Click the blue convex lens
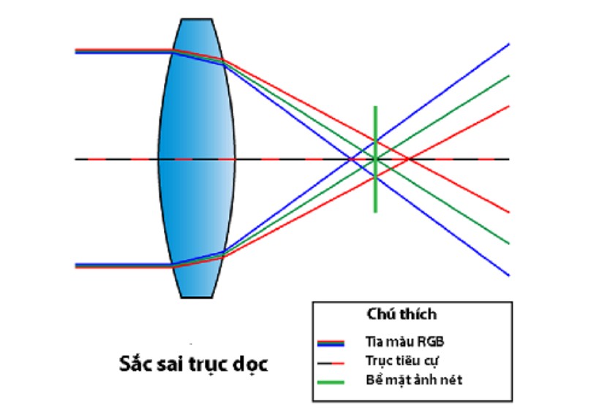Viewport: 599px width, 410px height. pos(196,158)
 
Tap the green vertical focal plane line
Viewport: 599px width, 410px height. pos(375,159)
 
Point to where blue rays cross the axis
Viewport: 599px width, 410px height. pos(350,159)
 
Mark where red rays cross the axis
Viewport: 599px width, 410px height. pos(408,159)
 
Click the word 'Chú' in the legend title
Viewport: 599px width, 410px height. pos(379,314)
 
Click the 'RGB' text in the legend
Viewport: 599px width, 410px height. pos(430,341)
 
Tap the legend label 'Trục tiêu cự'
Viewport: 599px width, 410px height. pos(402,361)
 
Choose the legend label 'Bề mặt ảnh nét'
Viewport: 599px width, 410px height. pos(414,380)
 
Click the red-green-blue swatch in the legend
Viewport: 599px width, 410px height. pos(331,343)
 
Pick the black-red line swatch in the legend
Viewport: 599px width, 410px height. pos(331,363)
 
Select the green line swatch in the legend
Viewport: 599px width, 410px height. pos(331,381)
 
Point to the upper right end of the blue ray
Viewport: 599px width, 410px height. pos(509,44)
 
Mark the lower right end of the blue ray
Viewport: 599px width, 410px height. pos(509,275)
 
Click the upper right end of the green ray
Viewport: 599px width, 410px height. pos(509,76)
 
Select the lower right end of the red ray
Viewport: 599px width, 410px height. pos(509,212)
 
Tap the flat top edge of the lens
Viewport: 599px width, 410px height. pos(196,19)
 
